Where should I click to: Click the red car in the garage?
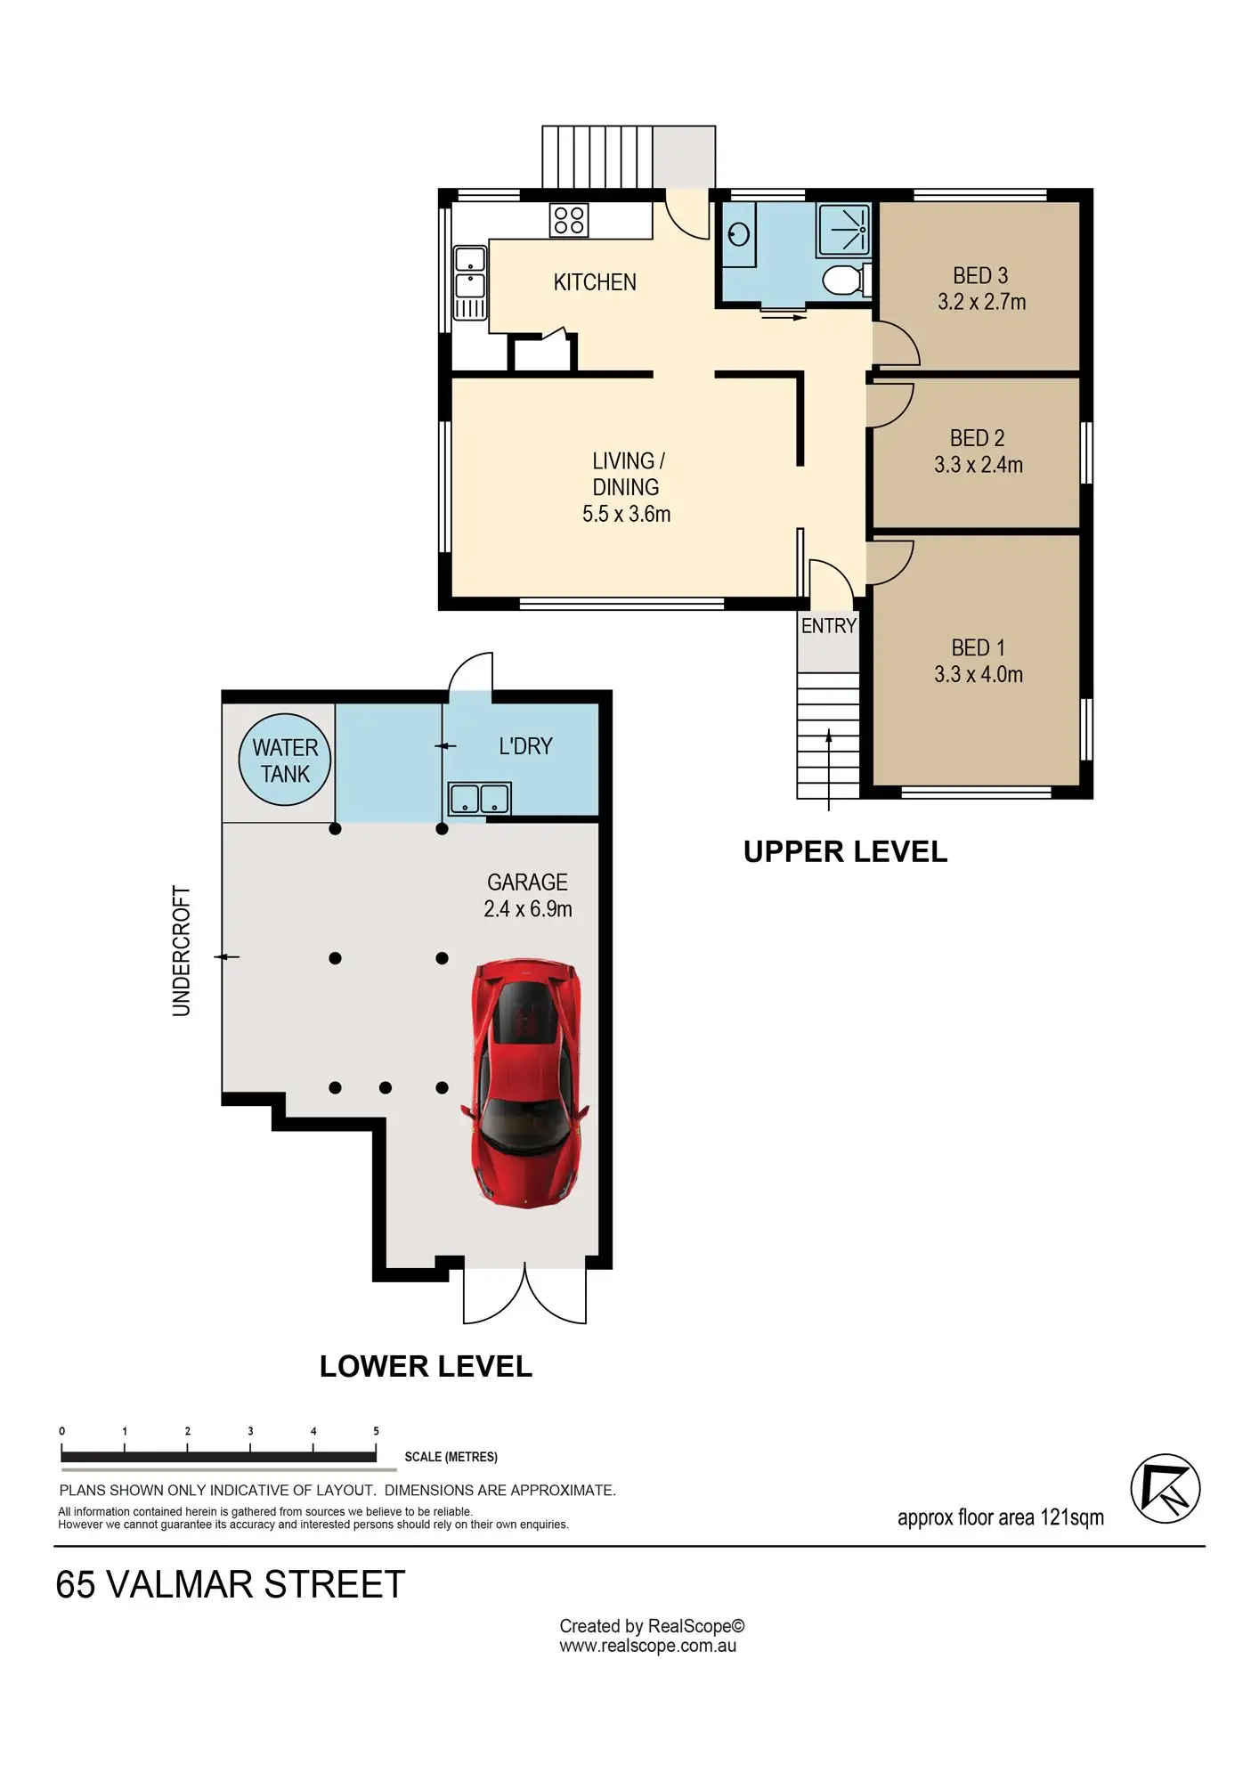point(525,1082)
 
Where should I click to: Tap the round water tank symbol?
point(285,760)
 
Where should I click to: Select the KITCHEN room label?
point(595,282)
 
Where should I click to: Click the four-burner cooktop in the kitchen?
point(569,220)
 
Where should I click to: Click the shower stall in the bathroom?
point(844,230)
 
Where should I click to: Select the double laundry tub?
point(480,799)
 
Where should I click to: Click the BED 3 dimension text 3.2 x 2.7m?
point(981,302)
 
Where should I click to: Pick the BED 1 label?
point(978,647)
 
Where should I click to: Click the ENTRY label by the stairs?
point(828,626)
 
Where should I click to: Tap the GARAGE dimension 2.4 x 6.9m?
point(528,909)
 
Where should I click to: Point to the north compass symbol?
point(1165,1489)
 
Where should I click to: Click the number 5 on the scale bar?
point(376,1431)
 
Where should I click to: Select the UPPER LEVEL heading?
point(845,852)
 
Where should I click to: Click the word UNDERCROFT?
point(182,950)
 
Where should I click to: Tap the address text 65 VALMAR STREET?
point(231,1585)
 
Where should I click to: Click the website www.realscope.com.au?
point(647,1646)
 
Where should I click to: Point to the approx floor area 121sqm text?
point(1000,1517)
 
